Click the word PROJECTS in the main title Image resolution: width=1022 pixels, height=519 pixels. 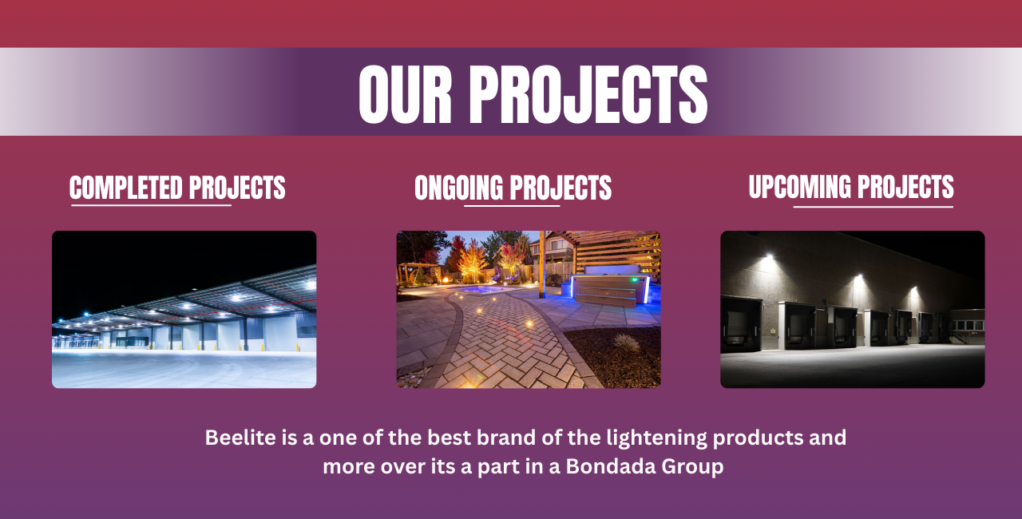(x=588, y=94)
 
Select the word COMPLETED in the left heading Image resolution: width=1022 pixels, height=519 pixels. (x=125, y=188)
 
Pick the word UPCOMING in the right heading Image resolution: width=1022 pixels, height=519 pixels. (x=799, y=187)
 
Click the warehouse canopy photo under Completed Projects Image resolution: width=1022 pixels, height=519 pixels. (x=184, y=309)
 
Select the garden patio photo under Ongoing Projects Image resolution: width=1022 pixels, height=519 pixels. (x=529, y=309)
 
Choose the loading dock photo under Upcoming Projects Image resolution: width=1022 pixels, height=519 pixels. (x=852, y=309)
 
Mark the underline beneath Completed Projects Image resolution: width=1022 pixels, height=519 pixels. (x=151, y=206)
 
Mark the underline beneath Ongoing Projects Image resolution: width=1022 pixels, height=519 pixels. (x=512, y=206)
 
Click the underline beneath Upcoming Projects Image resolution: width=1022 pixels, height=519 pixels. (x=873, y=207)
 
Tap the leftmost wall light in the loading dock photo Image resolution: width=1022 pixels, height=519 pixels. (x=768, y=257)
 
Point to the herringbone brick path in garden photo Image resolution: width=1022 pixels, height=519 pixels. (x=511, y=351)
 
